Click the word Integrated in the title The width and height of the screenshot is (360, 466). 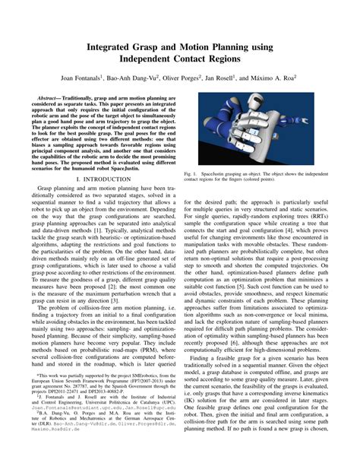coord(115,47)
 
